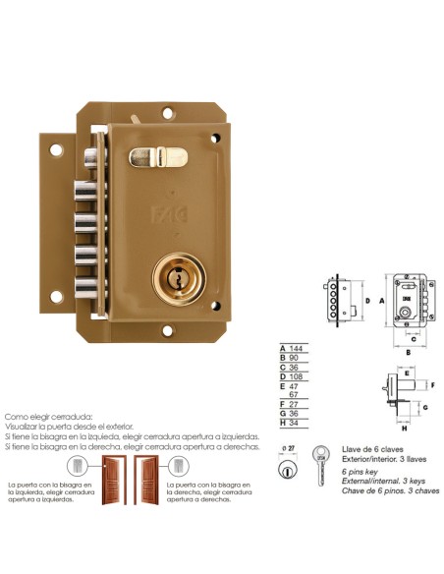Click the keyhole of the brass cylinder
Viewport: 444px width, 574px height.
180,279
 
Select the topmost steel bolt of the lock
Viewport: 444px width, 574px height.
92,156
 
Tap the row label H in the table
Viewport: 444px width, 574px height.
284,425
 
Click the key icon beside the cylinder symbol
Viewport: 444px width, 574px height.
319,466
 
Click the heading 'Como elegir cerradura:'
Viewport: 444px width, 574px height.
49,417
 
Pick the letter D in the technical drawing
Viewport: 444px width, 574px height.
365,300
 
